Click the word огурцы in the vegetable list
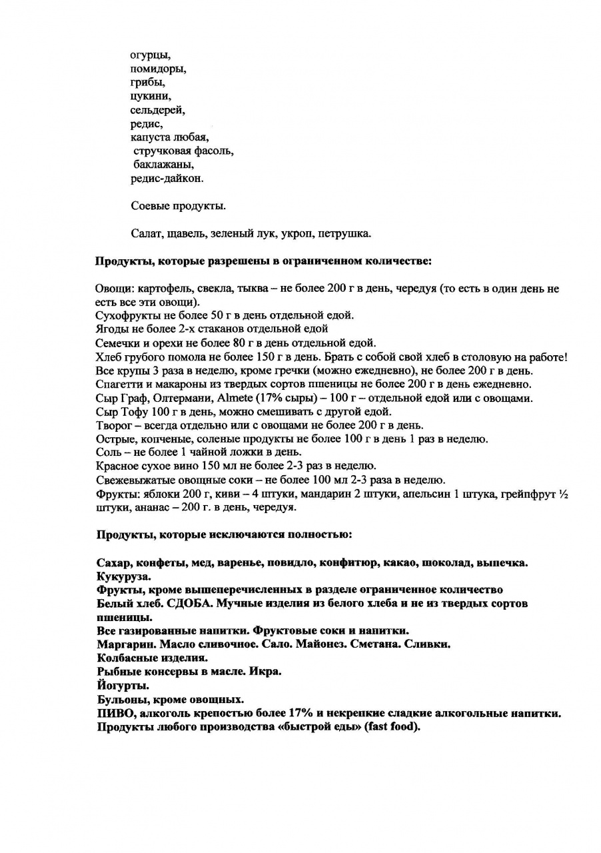150,55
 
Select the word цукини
151,97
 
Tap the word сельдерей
157,111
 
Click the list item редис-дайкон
167,179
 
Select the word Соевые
150,206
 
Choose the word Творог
113,426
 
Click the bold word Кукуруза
123,576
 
